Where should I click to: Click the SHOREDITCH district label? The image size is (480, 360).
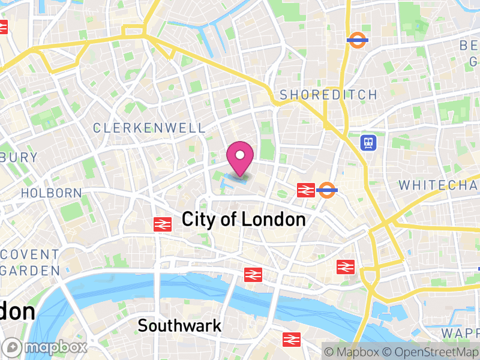tap(329, 95)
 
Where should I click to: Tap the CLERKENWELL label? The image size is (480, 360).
tap(149, 128)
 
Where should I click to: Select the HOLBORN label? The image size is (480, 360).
tap(51, 193)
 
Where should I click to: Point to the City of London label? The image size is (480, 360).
tap(244, 220)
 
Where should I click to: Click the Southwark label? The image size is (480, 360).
tap(179, 326)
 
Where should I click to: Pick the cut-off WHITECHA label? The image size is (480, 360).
tap(439, 185)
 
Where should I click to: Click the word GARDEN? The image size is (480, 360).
tap(30, 271)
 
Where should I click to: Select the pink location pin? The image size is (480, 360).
tap(240, 157)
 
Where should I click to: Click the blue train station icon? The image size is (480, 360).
tap(368, 142)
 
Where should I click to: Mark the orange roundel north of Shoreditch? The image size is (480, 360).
tap(357, 40)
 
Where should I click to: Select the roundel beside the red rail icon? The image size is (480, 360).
tap(327, 190)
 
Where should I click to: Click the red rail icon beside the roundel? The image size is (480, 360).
tap(305, 190)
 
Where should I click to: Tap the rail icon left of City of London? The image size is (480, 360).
tap(162, 224)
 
